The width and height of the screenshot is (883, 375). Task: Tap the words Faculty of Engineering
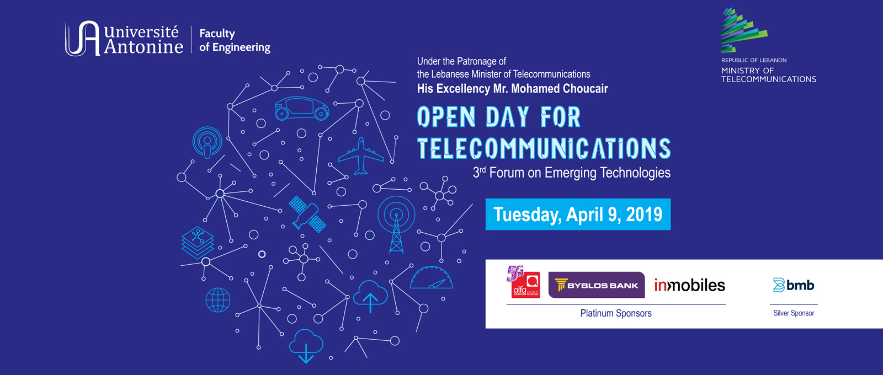point(235,40)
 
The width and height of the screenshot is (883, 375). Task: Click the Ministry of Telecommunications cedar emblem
point(743,31)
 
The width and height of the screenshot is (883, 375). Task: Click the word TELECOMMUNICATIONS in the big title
point(544,148)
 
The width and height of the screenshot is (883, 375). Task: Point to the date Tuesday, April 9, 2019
point(578,214)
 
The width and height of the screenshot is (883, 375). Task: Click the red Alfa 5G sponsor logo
point(523,282)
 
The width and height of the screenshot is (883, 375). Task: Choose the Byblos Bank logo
point(596,285)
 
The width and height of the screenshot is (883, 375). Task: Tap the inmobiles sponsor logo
point(689,285)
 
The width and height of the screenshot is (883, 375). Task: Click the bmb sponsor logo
point(794,285)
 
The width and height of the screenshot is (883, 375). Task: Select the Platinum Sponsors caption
point(616,313)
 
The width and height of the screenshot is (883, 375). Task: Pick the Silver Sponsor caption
point(794,313)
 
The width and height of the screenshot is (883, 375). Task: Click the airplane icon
point(361,156)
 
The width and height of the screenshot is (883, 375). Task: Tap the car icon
point(301,108)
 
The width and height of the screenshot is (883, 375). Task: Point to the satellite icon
point(307,214)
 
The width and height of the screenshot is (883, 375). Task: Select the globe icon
point(217,300)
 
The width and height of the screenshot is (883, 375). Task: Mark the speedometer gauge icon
point(432,279)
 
